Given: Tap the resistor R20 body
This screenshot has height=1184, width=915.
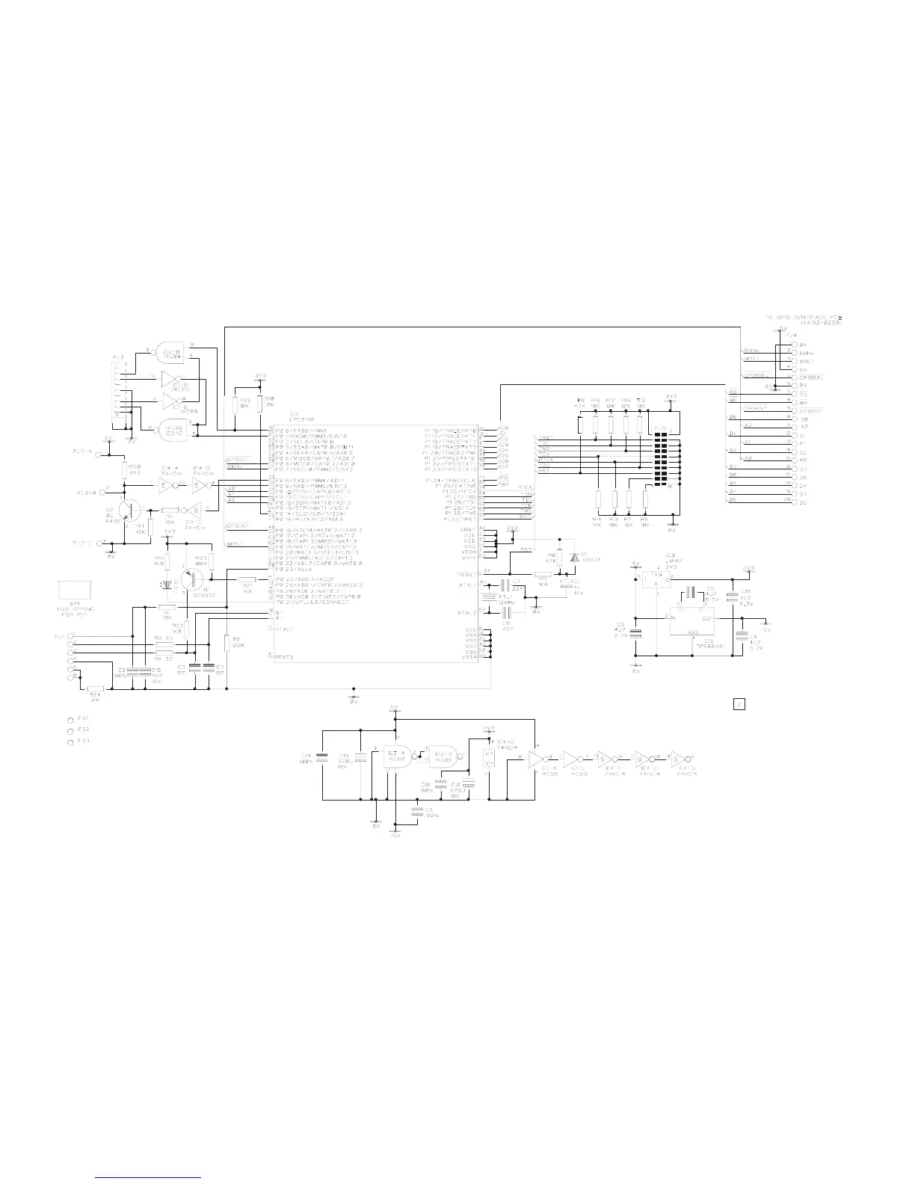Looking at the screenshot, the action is [125, 469].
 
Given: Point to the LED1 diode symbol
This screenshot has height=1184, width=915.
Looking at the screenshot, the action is [167, 584].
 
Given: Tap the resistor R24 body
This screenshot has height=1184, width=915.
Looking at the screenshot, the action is [95, 688].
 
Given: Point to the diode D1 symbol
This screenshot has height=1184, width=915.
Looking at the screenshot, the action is [574, 557].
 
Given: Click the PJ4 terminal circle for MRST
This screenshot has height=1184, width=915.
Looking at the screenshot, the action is [793, 360].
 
